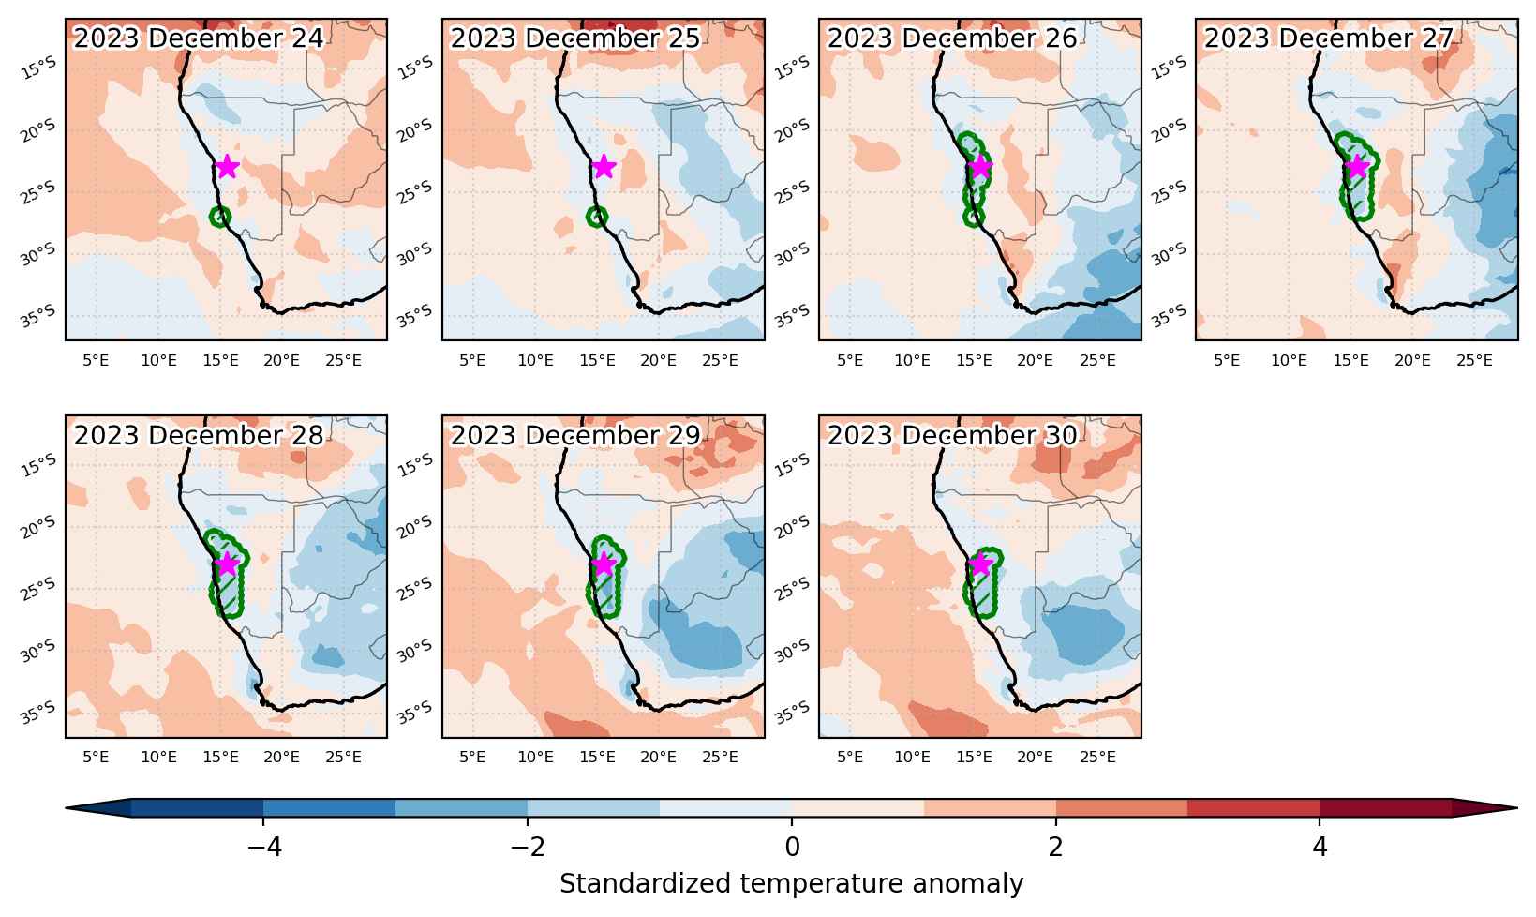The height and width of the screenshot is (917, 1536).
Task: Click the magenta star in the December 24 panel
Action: (227, 167)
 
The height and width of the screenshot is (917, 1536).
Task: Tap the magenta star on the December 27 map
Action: (1357, 167)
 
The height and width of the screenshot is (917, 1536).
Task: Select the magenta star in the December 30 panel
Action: (980, 564)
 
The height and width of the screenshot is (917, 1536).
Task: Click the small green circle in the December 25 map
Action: (597, 217)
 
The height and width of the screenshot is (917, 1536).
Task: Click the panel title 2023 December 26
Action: (952, 38)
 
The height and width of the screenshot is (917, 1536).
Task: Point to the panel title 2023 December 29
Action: (574, 435)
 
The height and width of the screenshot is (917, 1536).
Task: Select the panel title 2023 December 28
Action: (198, 435)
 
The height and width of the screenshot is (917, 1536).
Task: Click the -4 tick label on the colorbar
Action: (264, 848)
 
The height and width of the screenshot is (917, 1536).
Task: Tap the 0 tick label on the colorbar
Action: (792, 848)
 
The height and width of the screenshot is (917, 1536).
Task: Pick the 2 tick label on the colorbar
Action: (1056, 848)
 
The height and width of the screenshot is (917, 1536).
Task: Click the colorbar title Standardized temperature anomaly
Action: (791, 883)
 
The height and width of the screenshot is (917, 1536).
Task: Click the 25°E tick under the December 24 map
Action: (344, 360)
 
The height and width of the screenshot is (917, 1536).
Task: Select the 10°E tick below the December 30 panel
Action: (912, 758)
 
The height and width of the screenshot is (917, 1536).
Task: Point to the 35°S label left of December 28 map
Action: (38, 714)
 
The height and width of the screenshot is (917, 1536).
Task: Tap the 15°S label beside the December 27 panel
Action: (1169, 68)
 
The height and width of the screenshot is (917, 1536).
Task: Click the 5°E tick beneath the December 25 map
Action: (472, 360)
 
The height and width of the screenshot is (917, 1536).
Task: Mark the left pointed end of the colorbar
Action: (67, 808)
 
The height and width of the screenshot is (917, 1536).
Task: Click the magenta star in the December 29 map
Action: (604, 564)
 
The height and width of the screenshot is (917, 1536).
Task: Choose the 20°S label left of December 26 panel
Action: (792, 129)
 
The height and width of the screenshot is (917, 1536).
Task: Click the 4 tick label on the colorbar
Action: (1320, 848)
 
